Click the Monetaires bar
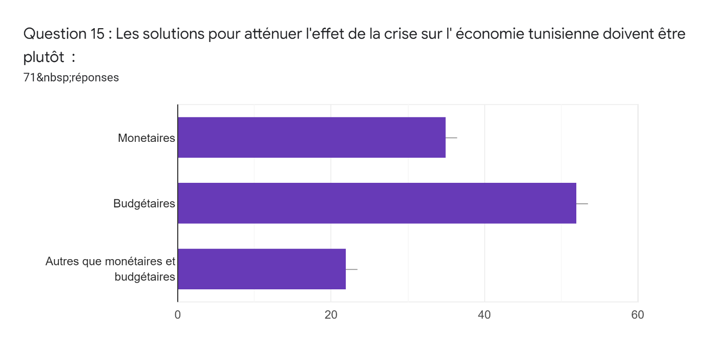point(311,137)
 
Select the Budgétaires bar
point(377,203)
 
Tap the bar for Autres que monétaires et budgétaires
point(261,269)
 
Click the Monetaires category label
point(146,138)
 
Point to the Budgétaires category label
point(144,204)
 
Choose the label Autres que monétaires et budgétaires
point(110,269)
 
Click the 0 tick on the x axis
point(178,315)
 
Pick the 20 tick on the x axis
point(331,315)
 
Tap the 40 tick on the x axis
point(484,315)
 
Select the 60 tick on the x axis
point(637,315)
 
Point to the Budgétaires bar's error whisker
point(582,204)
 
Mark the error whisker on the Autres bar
point(352,269)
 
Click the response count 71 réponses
point(71,78)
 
